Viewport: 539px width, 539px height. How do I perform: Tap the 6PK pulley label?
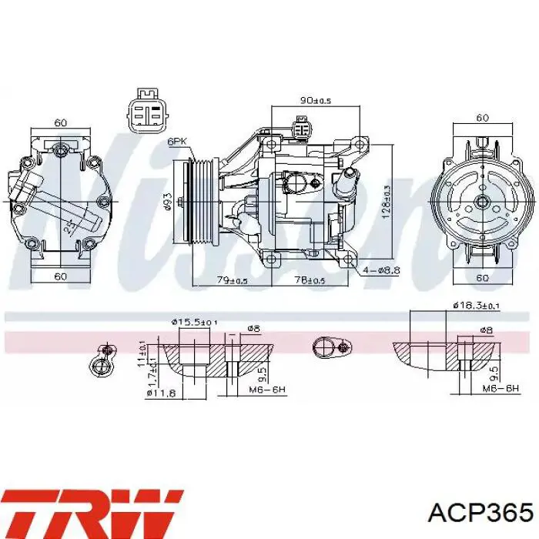178,141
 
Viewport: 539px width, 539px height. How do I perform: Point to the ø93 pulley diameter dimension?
166,202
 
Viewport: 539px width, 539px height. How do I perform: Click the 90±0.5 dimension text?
315,101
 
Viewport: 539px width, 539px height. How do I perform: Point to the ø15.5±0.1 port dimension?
193,322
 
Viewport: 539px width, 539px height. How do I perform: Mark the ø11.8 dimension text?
162,393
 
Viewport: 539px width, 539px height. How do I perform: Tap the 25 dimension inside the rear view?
68,228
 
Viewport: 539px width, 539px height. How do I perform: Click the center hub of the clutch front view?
481,202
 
